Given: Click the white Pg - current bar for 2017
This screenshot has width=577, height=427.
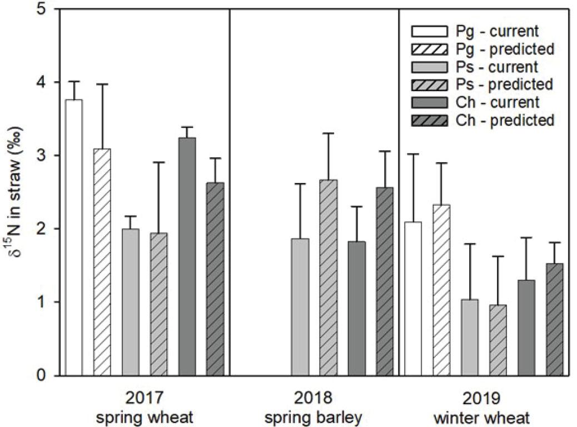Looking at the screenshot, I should click(73, 237).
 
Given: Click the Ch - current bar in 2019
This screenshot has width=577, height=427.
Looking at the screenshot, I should click(526, 327).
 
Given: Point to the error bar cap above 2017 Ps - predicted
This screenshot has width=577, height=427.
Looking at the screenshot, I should click(159, 162).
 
